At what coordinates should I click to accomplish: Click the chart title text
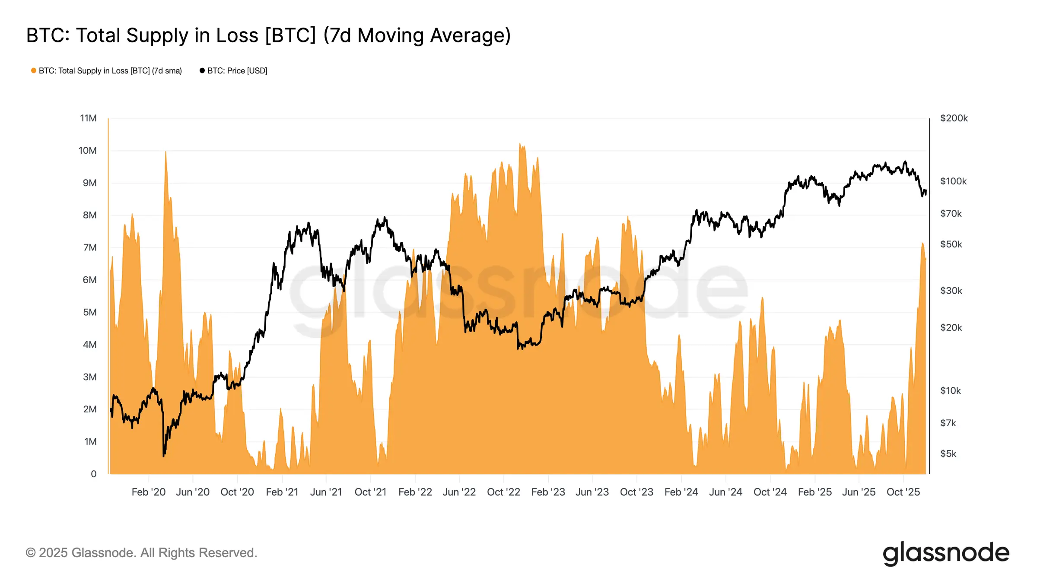click(268, 35)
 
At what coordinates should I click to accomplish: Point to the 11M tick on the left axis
click(88, 118)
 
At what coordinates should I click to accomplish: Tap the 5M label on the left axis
click(89, 312)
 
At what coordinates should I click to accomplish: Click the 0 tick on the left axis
click(93, 474)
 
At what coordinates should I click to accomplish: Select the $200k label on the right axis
click(954, 118)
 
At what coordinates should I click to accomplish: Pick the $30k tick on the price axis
click(951, 291)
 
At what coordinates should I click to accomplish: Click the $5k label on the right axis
click(948, 453)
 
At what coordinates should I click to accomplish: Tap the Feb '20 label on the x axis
click(148, 492)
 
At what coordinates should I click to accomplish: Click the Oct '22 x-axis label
click(503, 492)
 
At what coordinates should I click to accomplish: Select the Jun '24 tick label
click(725, 492)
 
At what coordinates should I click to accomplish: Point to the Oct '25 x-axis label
click(903, 492)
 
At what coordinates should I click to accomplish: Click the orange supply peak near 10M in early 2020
click(165, 152)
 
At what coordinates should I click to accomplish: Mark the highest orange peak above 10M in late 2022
click(520, 144)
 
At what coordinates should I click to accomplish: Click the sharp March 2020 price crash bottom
click(164, 456)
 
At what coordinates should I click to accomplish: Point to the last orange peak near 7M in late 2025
click(922, 244)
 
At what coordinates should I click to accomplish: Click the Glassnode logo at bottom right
click(946, 553)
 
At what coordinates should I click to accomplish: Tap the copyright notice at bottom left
click(141, 553)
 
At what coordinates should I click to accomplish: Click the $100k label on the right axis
click(953, 181)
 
